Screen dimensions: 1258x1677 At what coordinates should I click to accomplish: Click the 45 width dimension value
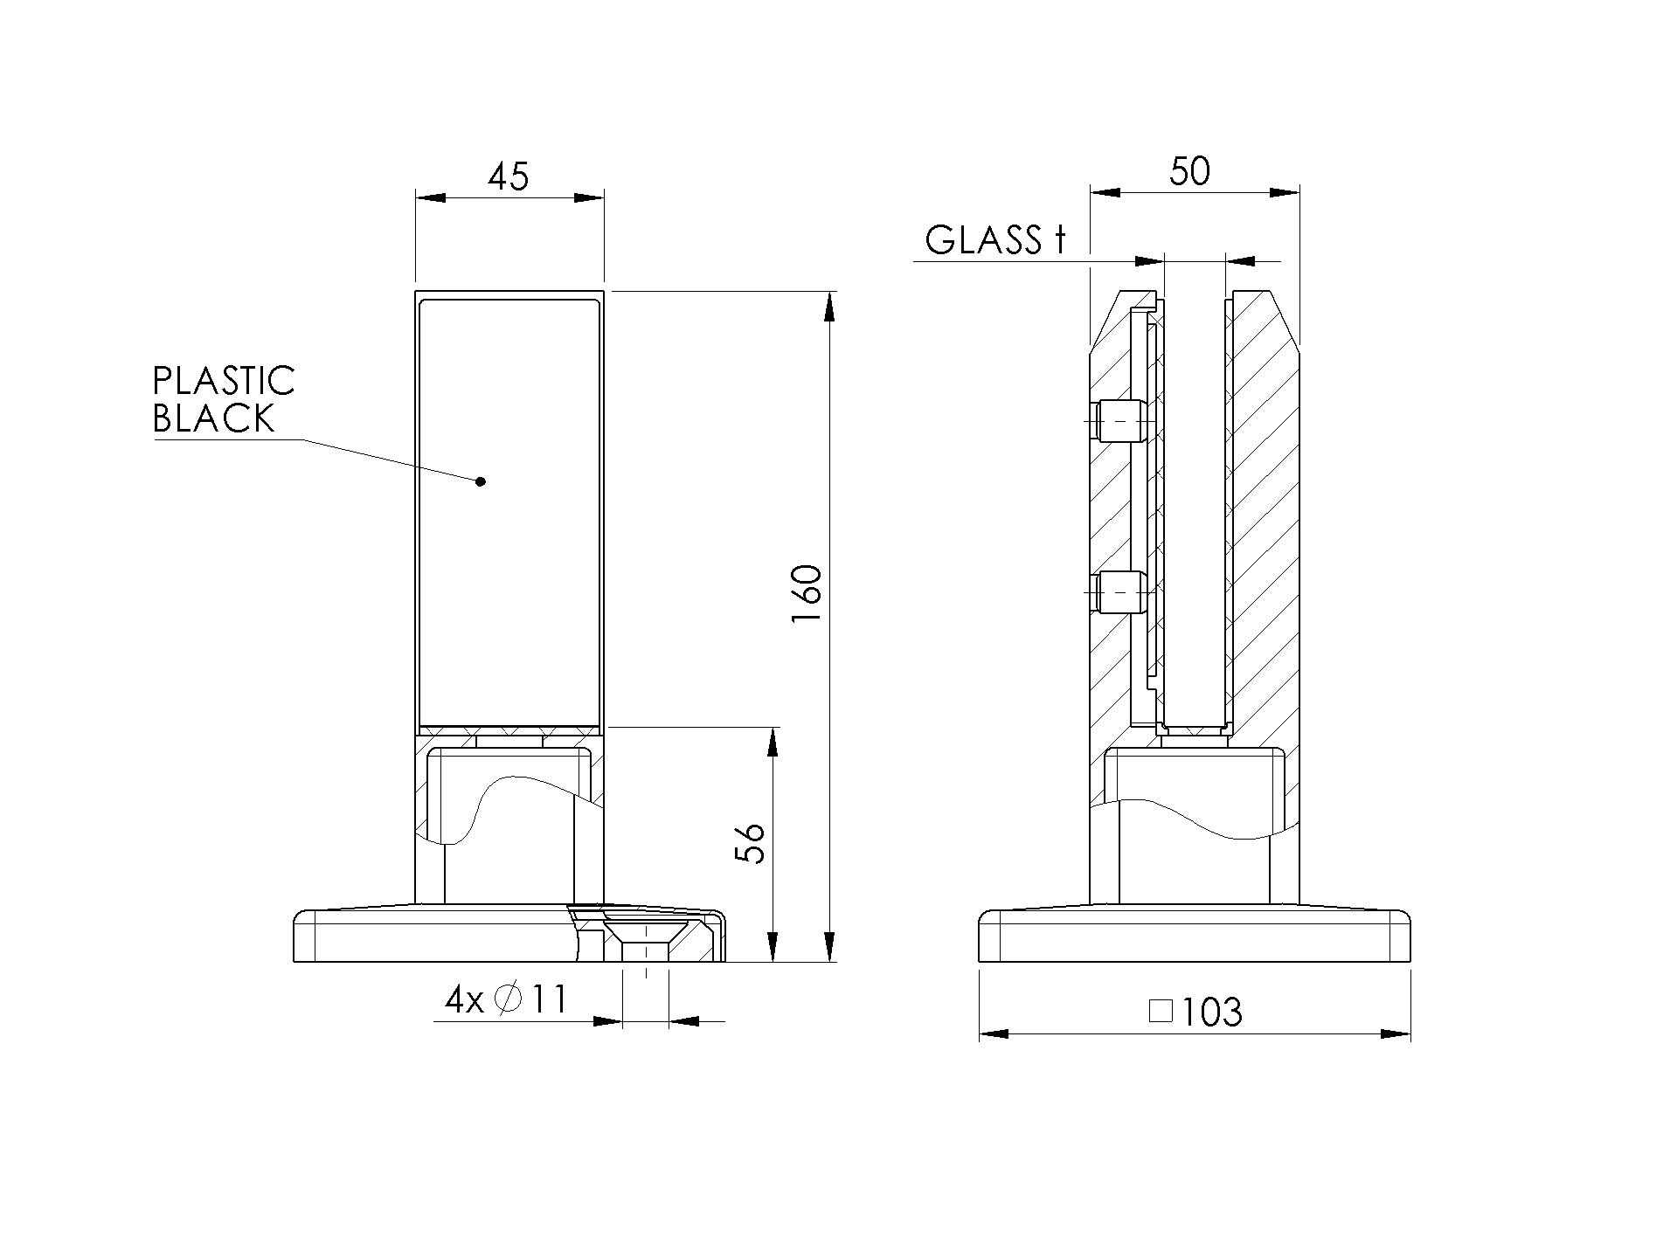coord(509,177)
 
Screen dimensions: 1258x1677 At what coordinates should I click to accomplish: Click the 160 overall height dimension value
coord(807,594)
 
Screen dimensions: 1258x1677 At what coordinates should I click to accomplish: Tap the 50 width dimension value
coord(1189,171)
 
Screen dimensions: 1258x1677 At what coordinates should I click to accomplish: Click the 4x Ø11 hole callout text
coord(506,999)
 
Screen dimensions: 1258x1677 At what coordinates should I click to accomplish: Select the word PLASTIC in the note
coord(224,381)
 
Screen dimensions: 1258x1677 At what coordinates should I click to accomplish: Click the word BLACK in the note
coord(214,418)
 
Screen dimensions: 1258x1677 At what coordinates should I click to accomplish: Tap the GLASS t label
coord(995,240)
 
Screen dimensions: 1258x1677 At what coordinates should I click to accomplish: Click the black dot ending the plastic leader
coord(480,481)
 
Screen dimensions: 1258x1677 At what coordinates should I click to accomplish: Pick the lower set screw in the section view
coord(1121,591)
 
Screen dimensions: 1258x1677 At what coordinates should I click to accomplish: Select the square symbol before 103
coord(1160,1012)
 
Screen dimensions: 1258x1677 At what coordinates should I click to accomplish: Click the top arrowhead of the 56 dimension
coord(773,743)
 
